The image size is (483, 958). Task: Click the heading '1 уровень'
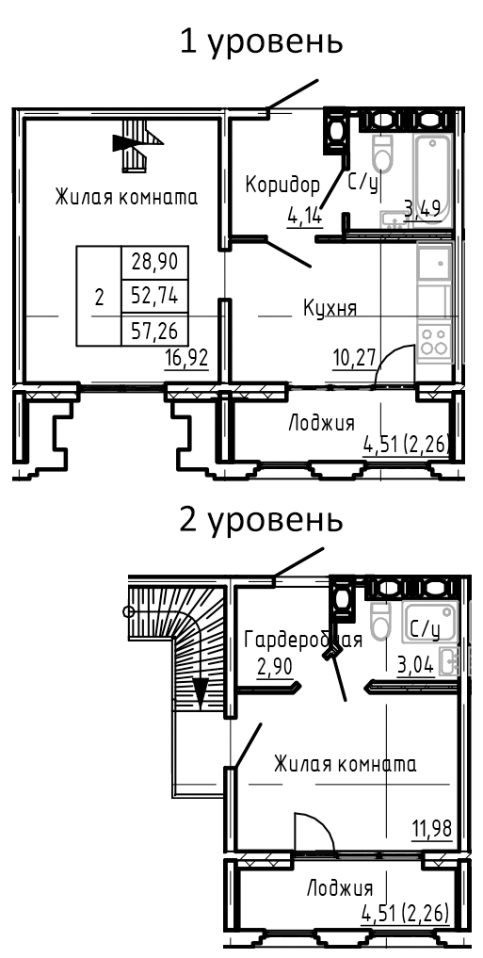(x=261, y=42)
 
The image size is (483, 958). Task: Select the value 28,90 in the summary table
(x=155, y=261)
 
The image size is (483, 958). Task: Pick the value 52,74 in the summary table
(x=155, y=296)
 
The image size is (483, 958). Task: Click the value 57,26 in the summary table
(x=155, y=329)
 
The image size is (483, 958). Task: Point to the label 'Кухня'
(x=330, y=307)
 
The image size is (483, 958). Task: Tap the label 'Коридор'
(x=282, y=184)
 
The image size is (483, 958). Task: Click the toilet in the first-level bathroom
(x=382, y=154)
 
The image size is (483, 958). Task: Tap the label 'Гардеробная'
(x=303, y=641)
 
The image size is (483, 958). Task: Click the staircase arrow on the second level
(x=200, y=692)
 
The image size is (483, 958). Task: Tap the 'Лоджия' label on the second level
(x=340, y=887)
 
